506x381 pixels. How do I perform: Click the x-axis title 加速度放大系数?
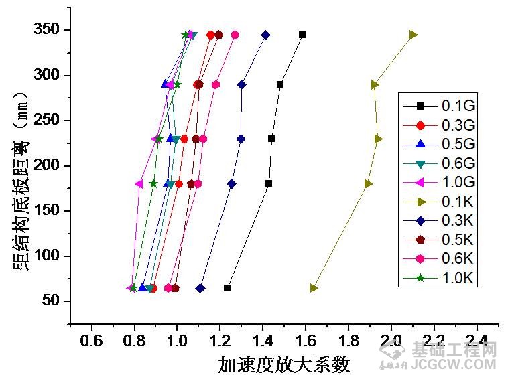click(284, 365)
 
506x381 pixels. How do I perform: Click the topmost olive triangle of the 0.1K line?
click(414, 35)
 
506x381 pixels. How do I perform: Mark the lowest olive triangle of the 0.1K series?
click(314, 288)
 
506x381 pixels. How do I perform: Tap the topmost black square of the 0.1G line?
click(302, 35)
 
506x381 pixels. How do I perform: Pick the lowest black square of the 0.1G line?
click(227, 288)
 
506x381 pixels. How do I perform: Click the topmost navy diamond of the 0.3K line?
click(265, 35)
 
